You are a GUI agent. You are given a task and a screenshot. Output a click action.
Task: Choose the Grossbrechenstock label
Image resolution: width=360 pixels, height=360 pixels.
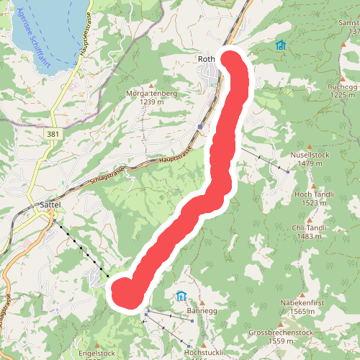point(280,333)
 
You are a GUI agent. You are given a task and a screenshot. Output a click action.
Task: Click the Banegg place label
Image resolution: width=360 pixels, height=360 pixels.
point(202,310)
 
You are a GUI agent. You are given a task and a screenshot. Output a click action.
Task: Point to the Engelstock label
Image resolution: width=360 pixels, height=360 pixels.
point(96,353)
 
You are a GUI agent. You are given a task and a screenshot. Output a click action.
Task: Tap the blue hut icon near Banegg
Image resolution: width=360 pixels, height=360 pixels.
point(181,296)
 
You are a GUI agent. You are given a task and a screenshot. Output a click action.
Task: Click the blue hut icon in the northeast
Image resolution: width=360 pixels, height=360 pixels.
point(280,45)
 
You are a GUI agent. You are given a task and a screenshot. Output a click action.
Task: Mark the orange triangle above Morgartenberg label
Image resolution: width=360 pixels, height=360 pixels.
point(152,82)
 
